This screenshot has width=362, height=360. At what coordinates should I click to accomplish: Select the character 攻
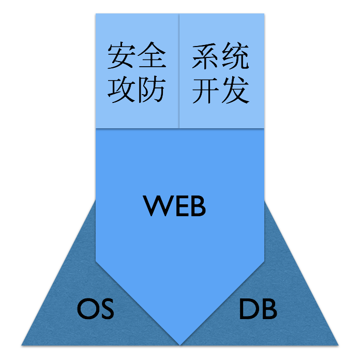point(122,90)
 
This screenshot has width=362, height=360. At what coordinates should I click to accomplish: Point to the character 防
point(151,90)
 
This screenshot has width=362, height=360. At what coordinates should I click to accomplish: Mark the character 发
point(235,90)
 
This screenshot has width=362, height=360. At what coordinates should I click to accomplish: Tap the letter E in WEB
point(179,206)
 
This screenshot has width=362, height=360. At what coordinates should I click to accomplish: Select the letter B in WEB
point(198,206)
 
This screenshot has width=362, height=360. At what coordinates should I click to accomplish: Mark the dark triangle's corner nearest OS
point(23,344)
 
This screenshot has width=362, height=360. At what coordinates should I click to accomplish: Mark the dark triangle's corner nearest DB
point(337,344)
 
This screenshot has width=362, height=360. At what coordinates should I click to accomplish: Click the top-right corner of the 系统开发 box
point(264,14)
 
